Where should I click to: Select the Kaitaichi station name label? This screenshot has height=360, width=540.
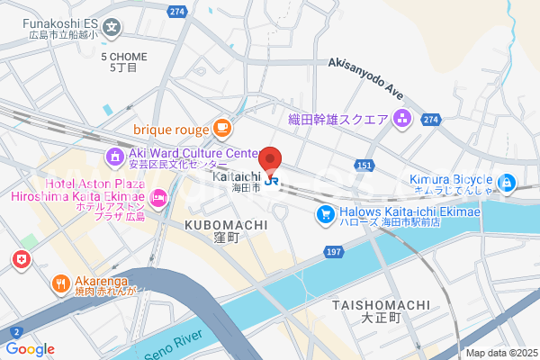pos(237,177)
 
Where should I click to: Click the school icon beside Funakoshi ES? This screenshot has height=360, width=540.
pos(112,26)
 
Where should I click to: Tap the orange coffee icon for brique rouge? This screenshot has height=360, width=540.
pos(221,129)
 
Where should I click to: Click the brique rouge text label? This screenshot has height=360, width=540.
pos(171,130)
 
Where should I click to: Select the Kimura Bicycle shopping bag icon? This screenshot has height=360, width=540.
pos(508,184)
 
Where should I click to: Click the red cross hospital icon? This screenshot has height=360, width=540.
pos(21,260)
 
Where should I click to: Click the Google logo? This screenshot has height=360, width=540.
pos(30,349)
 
